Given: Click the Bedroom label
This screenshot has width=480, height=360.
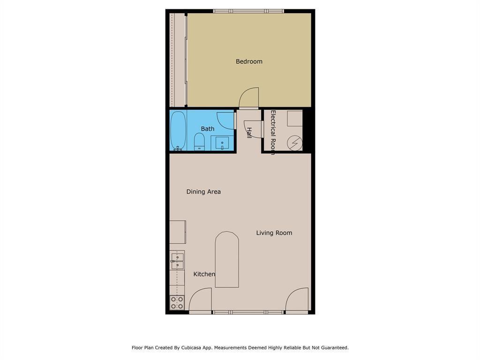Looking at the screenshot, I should [x=249, y=61].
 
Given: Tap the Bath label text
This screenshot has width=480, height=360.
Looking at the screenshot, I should [x=208, y=129].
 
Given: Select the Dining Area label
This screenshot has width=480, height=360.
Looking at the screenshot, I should [x=203, y=192].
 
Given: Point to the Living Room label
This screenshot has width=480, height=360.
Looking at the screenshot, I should [x=274, y=233].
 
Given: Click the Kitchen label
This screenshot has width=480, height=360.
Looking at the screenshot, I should [x=204, y=274].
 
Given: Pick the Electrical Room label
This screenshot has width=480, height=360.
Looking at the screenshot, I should [x=273, y=132].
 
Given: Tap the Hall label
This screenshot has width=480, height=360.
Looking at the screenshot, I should [x=249, y=133].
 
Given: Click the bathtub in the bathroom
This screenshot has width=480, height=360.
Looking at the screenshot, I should [x=178, y=130].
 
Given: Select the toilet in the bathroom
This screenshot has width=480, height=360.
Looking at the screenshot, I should [x=199, y=142].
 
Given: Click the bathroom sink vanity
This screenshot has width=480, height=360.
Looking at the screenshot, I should [x=222, y=142].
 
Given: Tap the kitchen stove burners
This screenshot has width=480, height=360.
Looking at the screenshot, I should [x=177, y=302].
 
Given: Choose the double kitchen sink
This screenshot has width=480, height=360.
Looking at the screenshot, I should [x=177, y=261].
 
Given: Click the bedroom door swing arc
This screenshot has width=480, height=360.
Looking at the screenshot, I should [x=249, y=97].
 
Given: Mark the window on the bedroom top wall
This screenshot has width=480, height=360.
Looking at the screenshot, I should [x=248, y=11].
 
